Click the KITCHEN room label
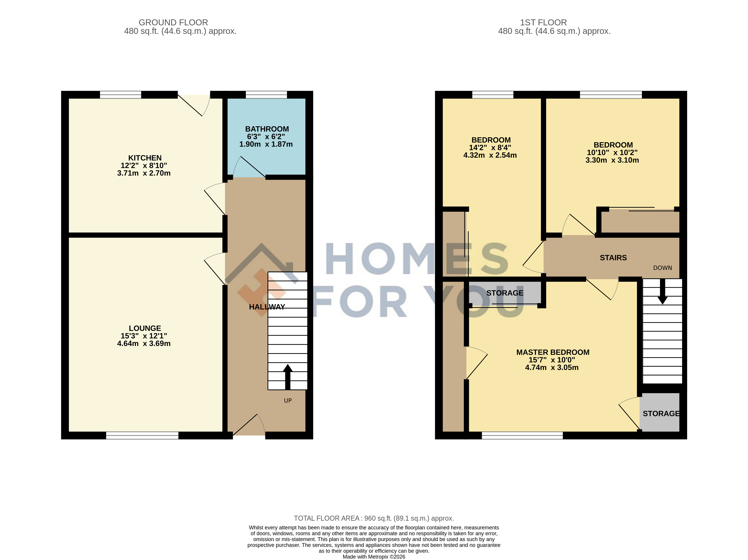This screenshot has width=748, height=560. pos(145,158)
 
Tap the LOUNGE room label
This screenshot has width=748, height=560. pos(145,328)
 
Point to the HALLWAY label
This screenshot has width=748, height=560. pos(267,307)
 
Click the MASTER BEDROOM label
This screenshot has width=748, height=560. pos(553,352)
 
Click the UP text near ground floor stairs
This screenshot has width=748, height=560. pos(287,401)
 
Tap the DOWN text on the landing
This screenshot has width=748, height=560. pos(662,268)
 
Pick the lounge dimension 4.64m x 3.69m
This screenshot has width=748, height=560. pos(144,343)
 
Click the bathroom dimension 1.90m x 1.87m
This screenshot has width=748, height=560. pos(266,144)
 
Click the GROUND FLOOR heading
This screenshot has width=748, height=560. pos(173,23)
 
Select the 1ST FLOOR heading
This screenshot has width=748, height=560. pos(543,23)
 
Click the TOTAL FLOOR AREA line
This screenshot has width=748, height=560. pos(374,518)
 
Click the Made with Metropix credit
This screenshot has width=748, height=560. pos(374,557)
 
